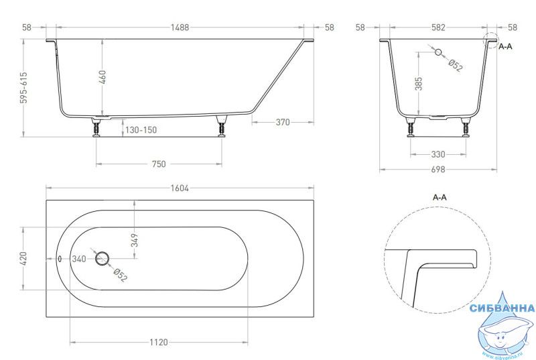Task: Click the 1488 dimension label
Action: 180,27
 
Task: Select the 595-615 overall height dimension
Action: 23,88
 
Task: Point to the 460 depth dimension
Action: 103,77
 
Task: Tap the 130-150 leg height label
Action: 141,130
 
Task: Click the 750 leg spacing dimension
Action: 159,164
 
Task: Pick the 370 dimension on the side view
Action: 283,122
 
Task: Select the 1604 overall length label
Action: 180,188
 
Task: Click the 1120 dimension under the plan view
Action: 159,342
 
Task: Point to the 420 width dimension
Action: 23,259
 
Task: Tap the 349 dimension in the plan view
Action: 135,240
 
